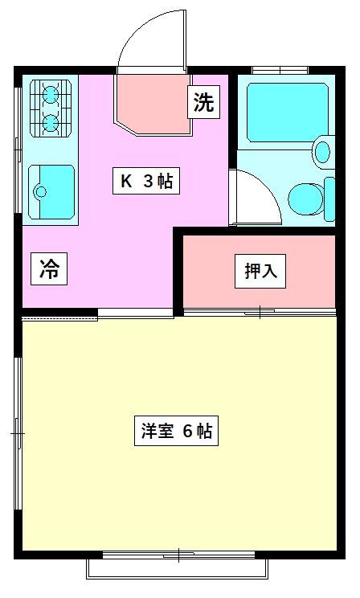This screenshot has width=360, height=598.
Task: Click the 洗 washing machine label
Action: coord(203,102)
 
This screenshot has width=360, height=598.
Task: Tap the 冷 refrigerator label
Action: coord(49,269)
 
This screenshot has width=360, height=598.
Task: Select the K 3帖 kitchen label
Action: coord(146,181)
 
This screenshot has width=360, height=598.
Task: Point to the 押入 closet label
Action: coord(260,271)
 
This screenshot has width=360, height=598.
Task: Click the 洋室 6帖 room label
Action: coord(176,431)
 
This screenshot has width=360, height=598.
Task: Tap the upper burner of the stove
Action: coord(51,93)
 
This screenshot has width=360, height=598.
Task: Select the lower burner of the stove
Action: coord(51,123)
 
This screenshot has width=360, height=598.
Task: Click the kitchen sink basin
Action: coord(51,192)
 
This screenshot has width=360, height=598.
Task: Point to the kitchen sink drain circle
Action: coord(40,191)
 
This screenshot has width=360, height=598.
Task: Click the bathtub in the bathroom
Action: coord(288,113)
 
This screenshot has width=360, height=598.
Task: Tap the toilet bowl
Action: coord(306,199)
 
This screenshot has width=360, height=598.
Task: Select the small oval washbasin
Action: coord(322,152)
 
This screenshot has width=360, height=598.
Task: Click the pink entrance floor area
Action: coord(153,104)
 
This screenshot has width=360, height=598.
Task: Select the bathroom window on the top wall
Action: coord(280,70)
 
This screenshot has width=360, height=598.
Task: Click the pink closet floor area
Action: coord(260,271)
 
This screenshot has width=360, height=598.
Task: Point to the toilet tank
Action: coord(329,199)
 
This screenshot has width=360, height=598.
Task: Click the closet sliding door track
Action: coord(260,313)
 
